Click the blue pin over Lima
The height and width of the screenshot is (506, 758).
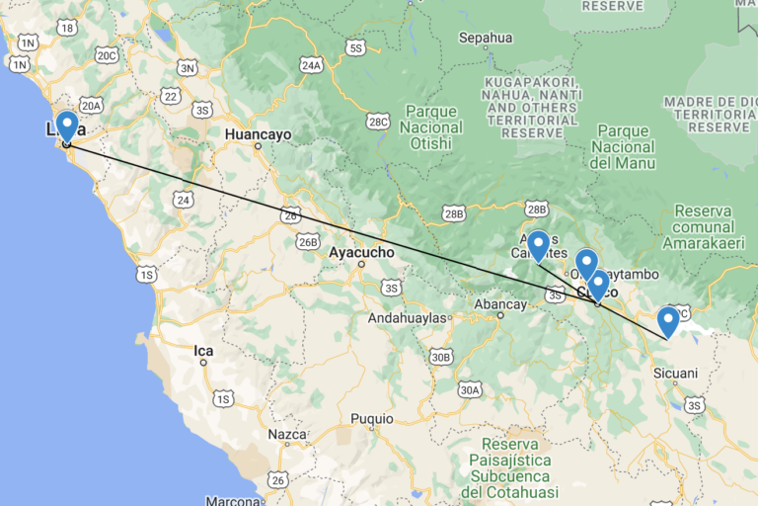click(67, 126)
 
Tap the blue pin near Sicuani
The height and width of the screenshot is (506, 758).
click(668, 321)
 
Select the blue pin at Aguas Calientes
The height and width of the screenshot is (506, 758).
click(538, 244)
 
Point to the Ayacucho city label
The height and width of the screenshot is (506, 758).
click(361, 253)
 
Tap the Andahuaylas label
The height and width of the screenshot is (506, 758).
click(408, 318)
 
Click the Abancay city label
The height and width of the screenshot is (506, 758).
click(500, 305)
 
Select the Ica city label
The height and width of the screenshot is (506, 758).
click(203, 350)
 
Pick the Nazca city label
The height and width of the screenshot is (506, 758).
click(287, 434)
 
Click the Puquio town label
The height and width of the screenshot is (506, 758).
click(371, 419)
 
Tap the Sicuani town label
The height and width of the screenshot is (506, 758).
click(675, 374)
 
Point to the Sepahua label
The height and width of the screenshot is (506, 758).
click(486, 39)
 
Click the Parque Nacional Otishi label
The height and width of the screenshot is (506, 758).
click(432, 127)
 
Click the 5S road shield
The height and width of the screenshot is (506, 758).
click(356, 47)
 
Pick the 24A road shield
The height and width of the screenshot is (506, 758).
click(311, 65)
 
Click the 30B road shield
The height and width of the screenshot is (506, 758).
click(440, 357)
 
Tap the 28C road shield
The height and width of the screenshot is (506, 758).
click(377, 121)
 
